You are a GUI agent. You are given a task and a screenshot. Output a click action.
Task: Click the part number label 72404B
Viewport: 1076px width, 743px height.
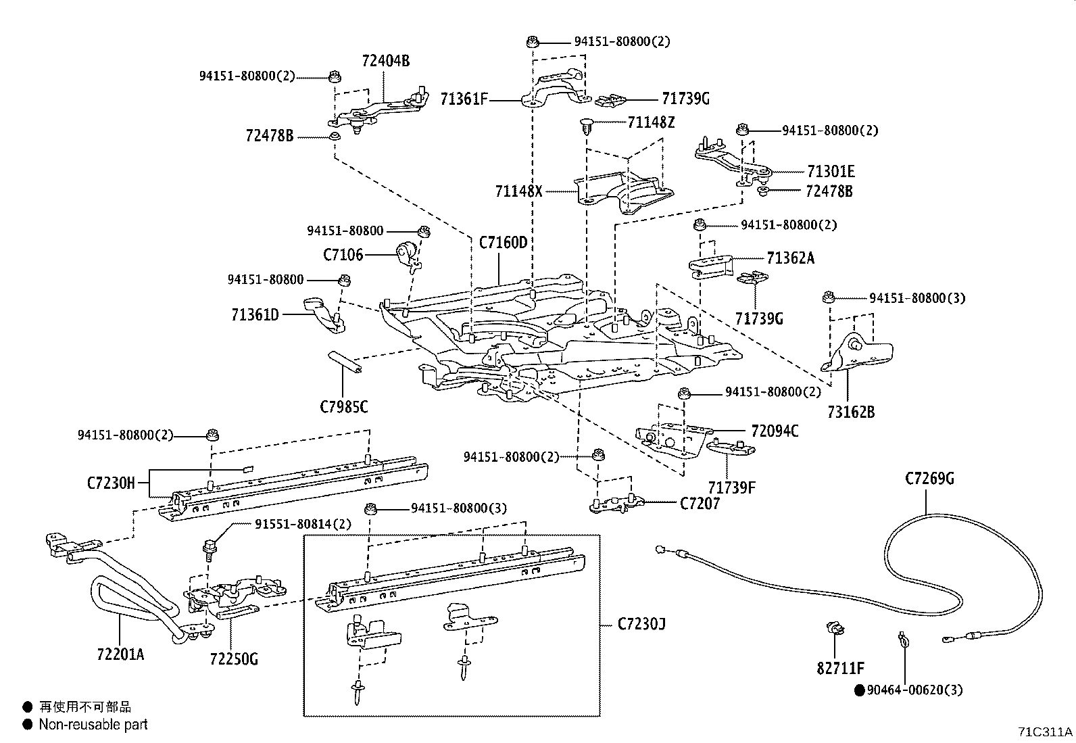pyautogui.click(x=385, y=61)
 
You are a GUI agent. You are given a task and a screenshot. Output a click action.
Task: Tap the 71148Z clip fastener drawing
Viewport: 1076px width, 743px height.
pyautogui.click(x=585, y=127)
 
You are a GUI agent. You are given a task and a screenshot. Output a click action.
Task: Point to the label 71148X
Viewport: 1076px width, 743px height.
pyautogui.click(x=518, y=191)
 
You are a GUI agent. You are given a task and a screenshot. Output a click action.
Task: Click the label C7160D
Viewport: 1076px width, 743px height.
pyautogui.click(x=502, y=242)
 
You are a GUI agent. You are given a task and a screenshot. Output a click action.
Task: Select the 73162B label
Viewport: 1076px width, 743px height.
pyautogui.click(x=850, y=412)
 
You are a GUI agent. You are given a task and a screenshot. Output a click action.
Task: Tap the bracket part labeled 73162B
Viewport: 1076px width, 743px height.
pyautogui.click(x=858, y=353)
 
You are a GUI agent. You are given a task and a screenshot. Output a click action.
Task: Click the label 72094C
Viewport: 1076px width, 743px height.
pyautogui.click(x=775, y=431)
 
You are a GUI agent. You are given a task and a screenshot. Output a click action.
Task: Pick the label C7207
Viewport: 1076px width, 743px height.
pyautogui.click(x=700, y=503)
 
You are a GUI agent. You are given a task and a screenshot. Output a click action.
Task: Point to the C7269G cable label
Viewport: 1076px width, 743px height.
pyautogui.click(x=929, y=479)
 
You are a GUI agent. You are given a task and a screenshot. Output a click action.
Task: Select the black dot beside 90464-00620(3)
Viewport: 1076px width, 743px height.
pyautogui.click(x=859, y=690)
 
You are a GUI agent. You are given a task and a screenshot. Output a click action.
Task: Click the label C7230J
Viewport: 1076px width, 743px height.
pyautogui.click(x=641, y=623)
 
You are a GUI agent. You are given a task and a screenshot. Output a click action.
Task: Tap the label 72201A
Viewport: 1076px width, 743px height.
pyautogui.click(x=120, y=654)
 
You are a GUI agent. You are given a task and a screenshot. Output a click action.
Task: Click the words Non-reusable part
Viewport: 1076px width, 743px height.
pyautogui.click(x=93, y=725)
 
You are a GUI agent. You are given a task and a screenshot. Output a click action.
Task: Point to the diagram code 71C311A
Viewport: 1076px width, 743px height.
pyautogui.click(x=1045, y=732)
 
